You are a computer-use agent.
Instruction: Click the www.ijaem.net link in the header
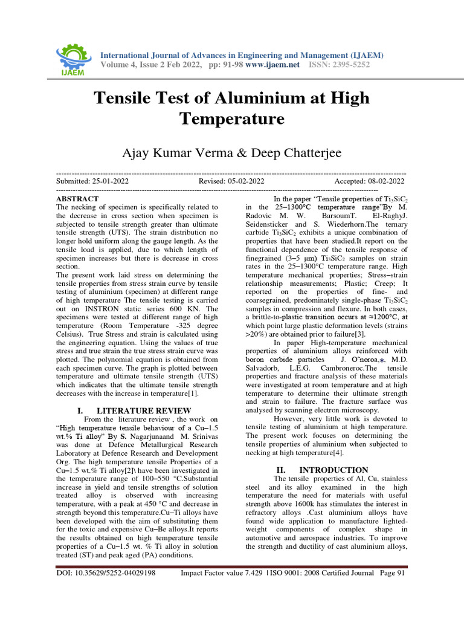pos(272,65)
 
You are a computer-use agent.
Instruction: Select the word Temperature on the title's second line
pos(232,118)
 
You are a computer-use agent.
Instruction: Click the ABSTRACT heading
pos(77,198)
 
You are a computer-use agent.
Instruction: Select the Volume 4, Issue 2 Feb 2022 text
pos(150,65)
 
